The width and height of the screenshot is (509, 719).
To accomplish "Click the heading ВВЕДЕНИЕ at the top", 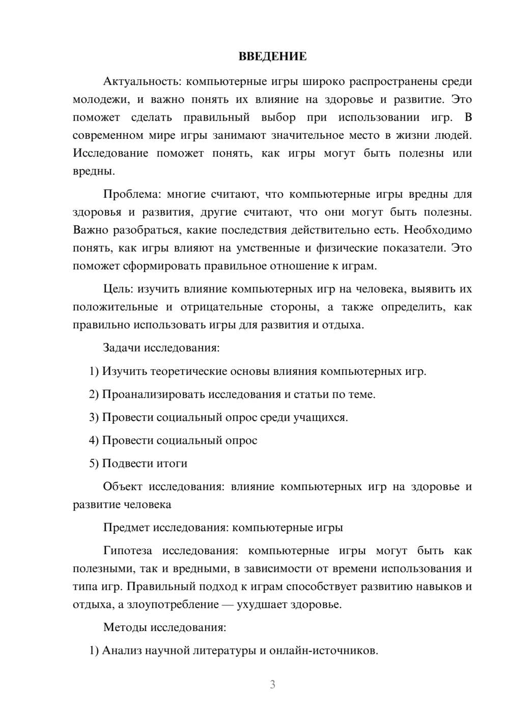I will point(272,56).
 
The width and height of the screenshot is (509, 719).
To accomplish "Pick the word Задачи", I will point(122,348).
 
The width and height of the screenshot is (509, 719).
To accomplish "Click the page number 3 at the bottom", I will point(272,684).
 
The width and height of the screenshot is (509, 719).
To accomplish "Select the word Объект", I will point(123,487).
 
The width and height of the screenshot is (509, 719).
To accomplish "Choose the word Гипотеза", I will point(127,551).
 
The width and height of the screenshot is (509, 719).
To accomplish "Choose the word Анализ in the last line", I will point(122,651).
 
